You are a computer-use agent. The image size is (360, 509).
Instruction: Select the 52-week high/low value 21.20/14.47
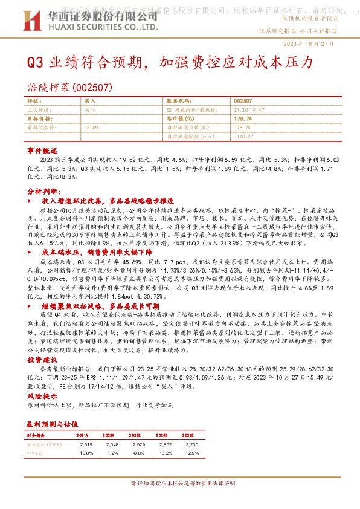coord(248,110)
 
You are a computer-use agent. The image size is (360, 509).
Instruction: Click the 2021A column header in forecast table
coord(82,418)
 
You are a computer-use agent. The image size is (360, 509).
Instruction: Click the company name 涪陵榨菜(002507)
coord(70,87)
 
